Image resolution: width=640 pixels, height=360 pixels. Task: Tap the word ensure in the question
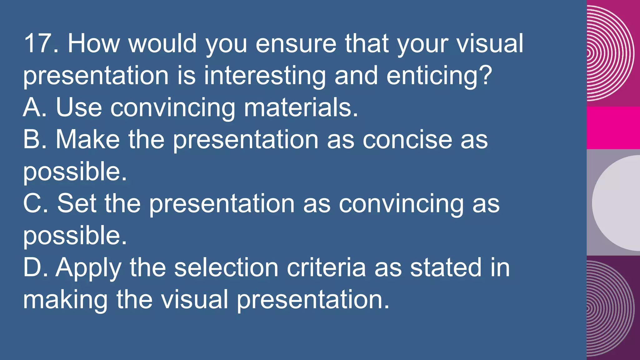coord(296,43)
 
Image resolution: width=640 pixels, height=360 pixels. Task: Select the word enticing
coord(439,76)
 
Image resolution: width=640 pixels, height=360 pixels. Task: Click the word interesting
coord(265,76)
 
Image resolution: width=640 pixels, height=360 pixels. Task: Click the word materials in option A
coord(301,107)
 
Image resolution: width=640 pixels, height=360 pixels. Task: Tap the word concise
coord(407,139)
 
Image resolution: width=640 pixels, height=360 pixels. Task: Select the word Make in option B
coord(87,139)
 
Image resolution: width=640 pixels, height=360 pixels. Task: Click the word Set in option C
coord(77,203)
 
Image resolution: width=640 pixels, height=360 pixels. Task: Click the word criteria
coord(326,267)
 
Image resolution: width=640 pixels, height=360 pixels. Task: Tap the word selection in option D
coord(226,267)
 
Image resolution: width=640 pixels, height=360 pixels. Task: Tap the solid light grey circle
coord(617,203)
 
